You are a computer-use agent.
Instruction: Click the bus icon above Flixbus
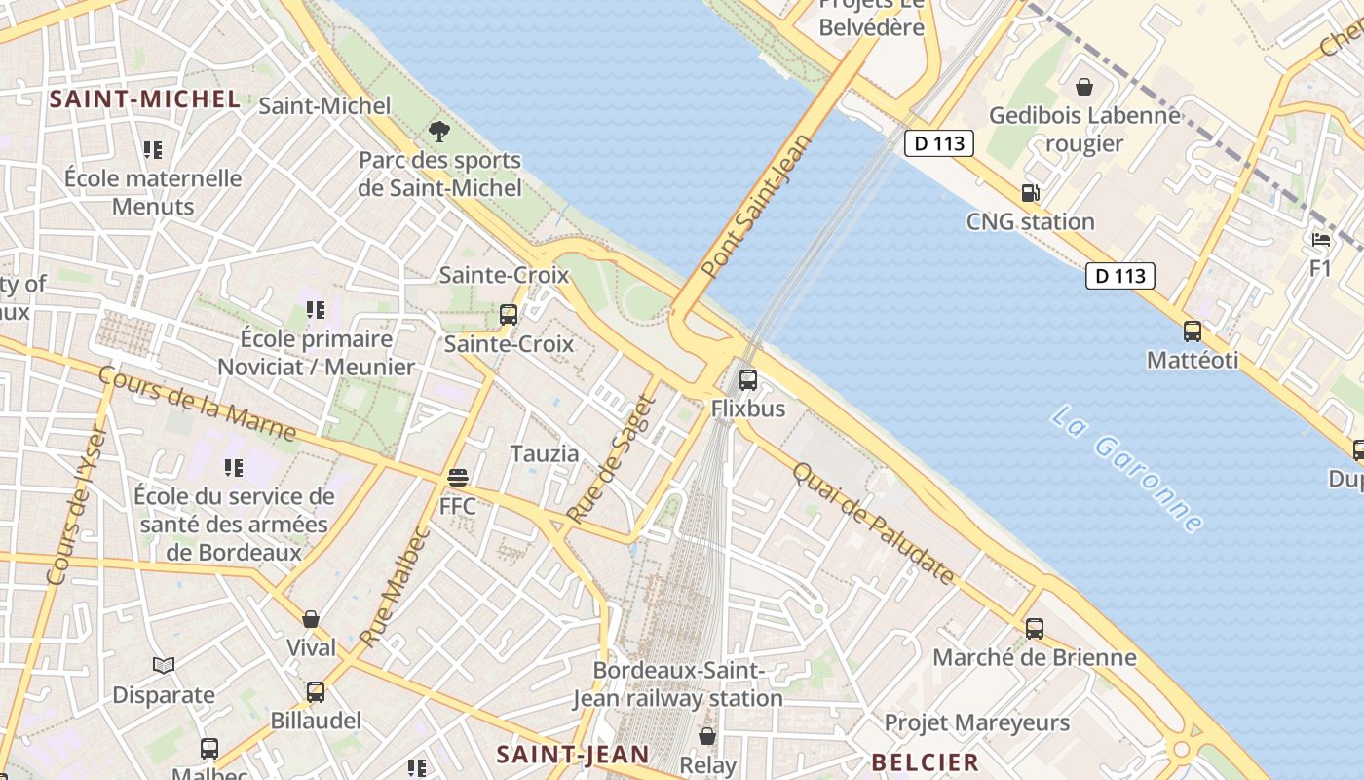747,380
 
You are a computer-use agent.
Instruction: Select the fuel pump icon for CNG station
1030,193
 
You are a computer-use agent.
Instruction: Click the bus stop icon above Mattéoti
1192,331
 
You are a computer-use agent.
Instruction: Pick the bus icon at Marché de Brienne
1034,629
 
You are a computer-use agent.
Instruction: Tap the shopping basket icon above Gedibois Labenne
1083,87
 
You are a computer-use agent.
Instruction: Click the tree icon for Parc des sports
439,131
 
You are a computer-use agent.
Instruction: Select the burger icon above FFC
457,478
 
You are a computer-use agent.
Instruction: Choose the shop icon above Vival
311,619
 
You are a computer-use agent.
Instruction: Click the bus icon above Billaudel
315,692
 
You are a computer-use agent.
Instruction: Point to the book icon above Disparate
164,666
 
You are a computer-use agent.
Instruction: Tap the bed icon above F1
1320,239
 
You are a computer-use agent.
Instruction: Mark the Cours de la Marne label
197,403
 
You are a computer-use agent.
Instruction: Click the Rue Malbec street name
395,586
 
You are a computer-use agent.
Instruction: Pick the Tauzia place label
545,453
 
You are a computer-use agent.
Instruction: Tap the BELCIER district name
925,762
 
